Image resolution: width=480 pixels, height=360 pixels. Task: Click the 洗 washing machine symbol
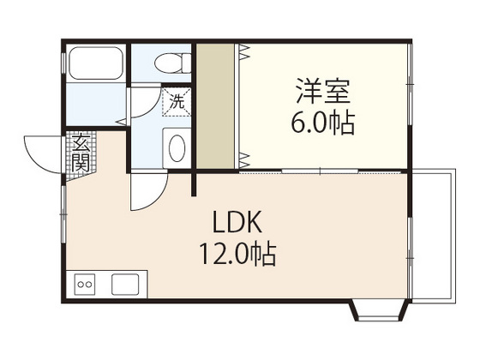click(177, 101)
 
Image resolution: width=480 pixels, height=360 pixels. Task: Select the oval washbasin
click(177, 147)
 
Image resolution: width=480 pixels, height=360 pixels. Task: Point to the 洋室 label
click(324, 90)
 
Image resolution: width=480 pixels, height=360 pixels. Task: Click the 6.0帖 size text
click(324, 121)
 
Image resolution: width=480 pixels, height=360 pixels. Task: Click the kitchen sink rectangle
click(125, 283)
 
